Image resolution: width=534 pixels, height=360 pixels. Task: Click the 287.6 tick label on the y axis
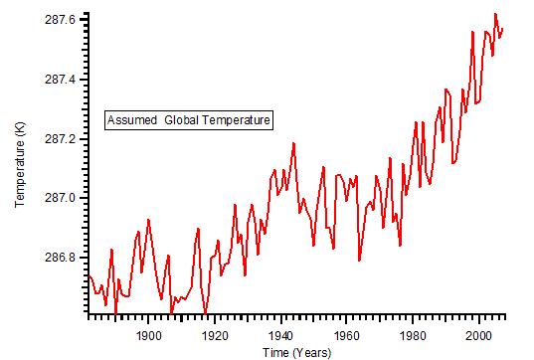coord(63,19)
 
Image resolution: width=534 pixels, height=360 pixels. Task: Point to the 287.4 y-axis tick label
coord(63,79)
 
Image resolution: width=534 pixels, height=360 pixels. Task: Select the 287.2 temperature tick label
coord(63,138)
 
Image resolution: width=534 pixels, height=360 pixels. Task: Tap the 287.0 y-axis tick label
coord(63,198)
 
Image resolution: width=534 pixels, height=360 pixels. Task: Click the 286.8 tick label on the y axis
coord(63,258)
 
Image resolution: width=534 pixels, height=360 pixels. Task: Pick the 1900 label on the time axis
coord(148,333)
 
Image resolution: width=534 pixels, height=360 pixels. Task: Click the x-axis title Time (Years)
coord(297,351)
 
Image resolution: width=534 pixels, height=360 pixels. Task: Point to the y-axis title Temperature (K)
coord(20,165)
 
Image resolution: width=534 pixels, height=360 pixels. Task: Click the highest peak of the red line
coord(495,14)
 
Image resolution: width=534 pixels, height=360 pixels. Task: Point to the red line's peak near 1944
coord(293,143)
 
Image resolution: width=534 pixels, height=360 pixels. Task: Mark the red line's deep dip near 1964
coord(359,261)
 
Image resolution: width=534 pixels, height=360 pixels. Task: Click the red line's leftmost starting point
coord(89,275)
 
